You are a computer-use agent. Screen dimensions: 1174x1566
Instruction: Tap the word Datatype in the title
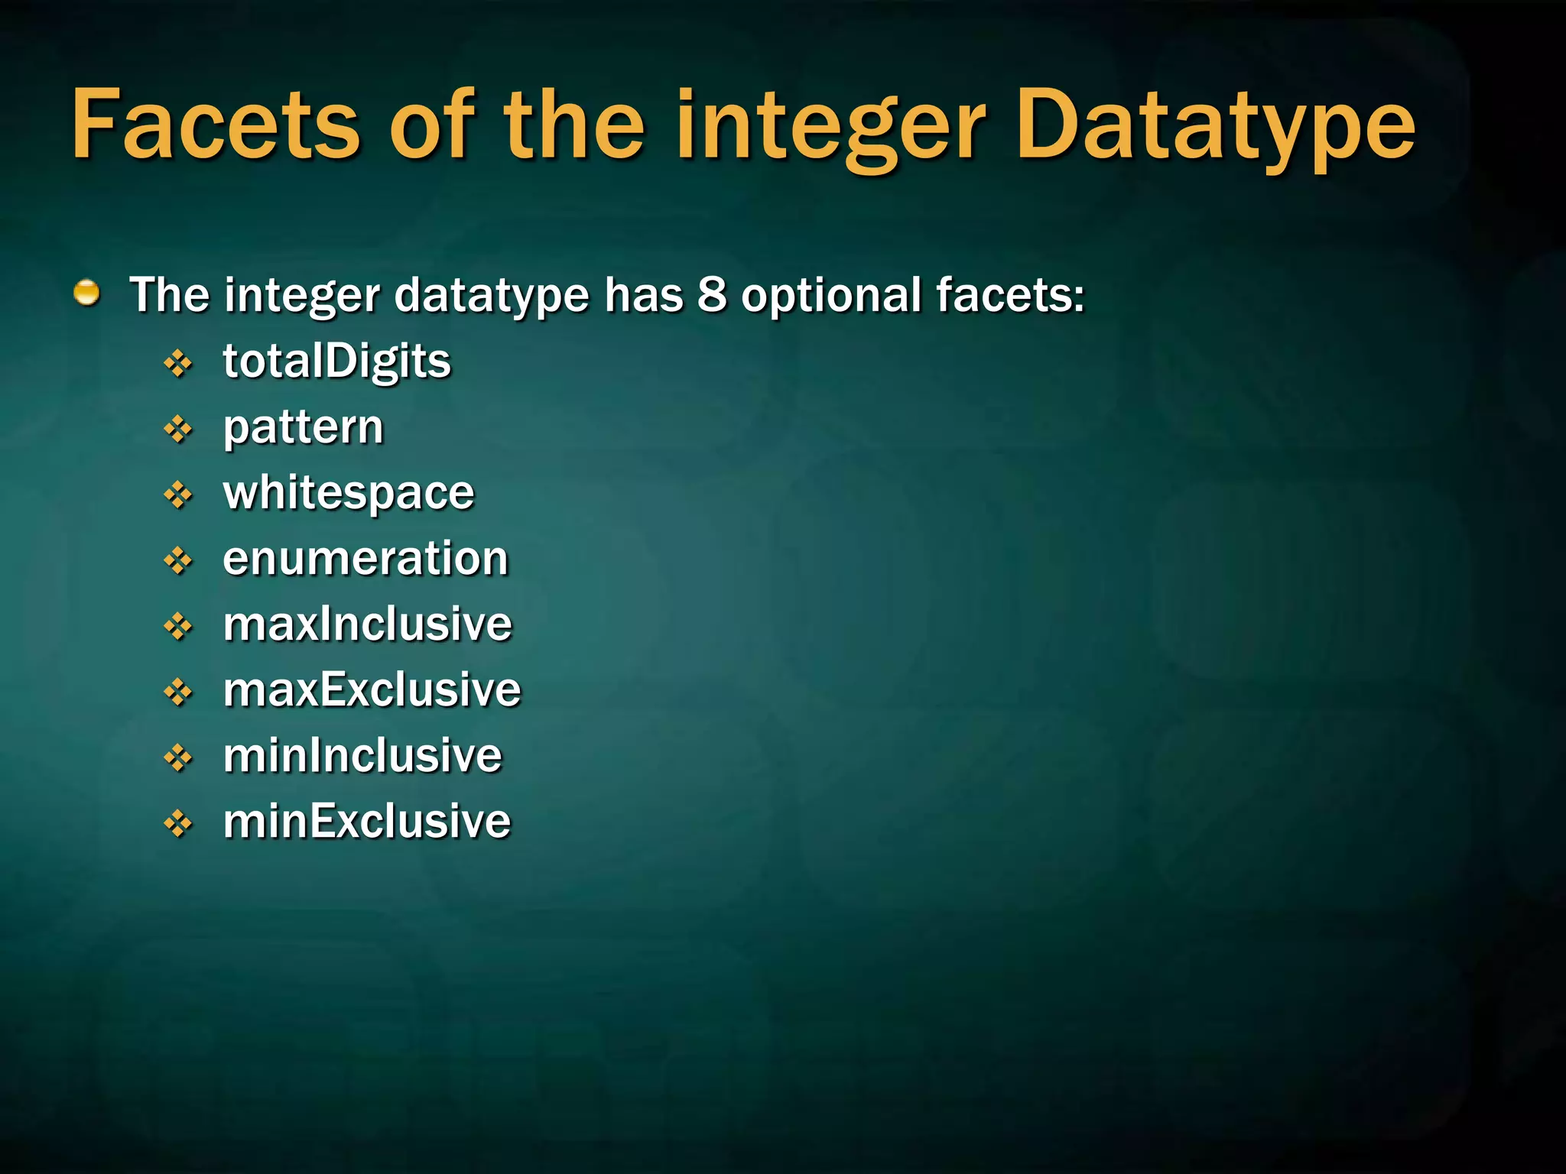point(1216,126)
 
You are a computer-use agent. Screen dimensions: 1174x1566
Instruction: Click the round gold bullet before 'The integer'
point(87,293)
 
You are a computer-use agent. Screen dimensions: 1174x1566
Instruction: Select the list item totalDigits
point(336,362)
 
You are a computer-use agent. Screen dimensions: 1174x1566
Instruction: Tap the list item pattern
point(303,427)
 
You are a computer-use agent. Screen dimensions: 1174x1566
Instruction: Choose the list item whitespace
point(349,493)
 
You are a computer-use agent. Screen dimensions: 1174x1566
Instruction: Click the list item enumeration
point(366,559)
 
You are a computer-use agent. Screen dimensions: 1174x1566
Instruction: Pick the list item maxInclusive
point(367,624)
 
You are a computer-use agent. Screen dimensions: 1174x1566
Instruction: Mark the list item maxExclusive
point(372,690)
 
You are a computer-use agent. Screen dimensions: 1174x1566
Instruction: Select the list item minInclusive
point(362,756)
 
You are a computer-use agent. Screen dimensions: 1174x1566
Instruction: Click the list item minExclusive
point(366,822)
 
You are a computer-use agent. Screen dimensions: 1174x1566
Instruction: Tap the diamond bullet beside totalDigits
point(178,364)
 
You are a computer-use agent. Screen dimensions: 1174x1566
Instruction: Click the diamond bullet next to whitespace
point(178,495)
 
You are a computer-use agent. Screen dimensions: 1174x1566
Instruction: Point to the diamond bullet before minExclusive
point(178,824)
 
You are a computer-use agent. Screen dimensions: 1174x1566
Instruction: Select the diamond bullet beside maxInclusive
point(178,627)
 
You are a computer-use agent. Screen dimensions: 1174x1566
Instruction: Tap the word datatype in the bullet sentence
point(492,296)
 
